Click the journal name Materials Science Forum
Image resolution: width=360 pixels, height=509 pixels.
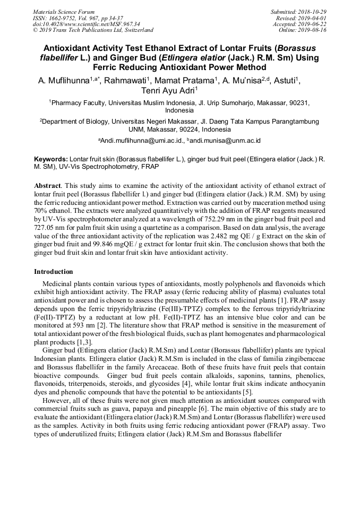(64, 12)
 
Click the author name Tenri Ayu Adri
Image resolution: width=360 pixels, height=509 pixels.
(169, 91)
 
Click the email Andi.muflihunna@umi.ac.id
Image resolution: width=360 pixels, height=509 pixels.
(140, 141)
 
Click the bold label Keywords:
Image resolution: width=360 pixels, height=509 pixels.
(52, 159)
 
